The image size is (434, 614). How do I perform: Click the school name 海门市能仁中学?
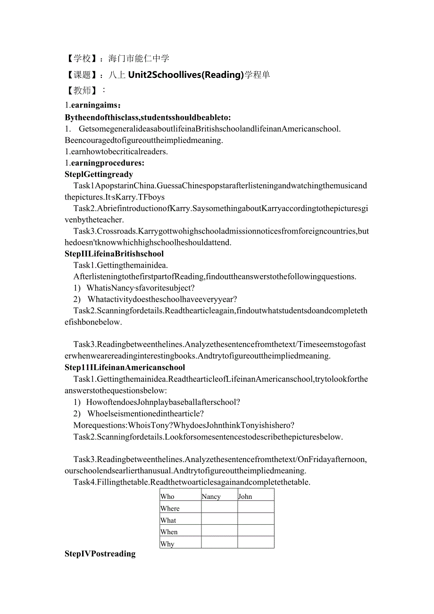[x=139, y=59]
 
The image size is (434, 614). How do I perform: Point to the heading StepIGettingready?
[x=99, y=174]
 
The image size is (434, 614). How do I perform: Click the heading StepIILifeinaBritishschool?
[x=114, y=253]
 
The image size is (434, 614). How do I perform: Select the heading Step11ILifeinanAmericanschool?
[x=125, y=367]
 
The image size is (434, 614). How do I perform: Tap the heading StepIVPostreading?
[x=100, y=554]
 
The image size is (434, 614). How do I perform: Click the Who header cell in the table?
[x=167, y=496]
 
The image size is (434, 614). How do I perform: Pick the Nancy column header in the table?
[x=211, y=496]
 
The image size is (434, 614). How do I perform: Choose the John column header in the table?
[x=245, y=496]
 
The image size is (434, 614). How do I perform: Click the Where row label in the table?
[x=170, y=508]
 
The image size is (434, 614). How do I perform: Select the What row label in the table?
[x=168, y=520]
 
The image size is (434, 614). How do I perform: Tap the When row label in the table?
[x=169, y=532]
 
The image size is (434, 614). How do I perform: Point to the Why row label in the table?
[x=167, y=544]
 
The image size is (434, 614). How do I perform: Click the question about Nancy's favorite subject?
[x=141, y=288]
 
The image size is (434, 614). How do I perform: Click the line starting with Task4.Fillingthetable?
[x=192, y=482]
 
